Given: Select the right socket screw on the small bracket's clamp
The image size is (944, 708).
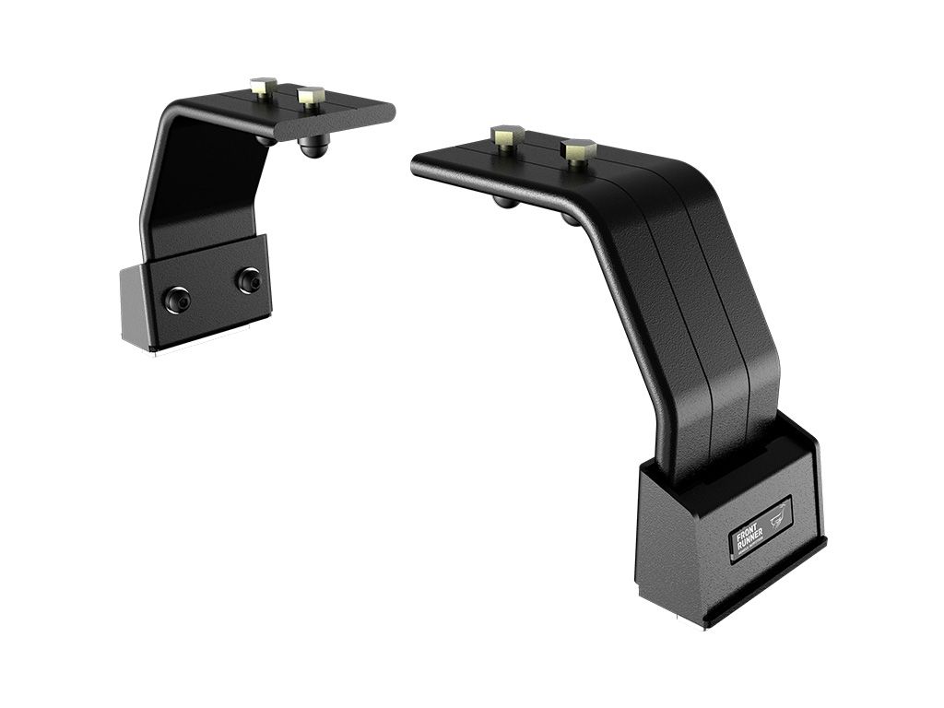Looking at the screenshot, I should point(247,279).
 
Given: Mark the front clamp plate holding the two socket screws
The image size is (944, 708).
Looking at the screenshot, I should point(212,290).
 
